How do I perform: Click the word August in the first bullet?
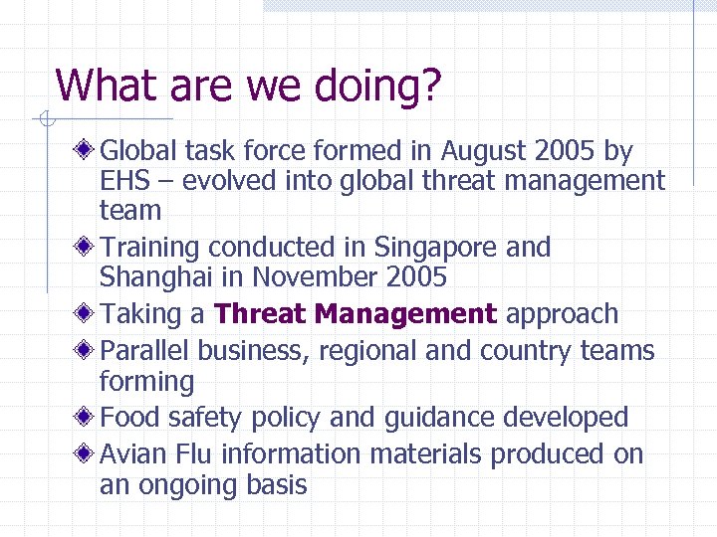point(485,151)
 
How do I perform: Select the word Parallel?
point(146,351)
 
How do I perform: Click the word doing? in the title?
point(379,87)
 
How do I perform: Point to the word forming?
point(146,381)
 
